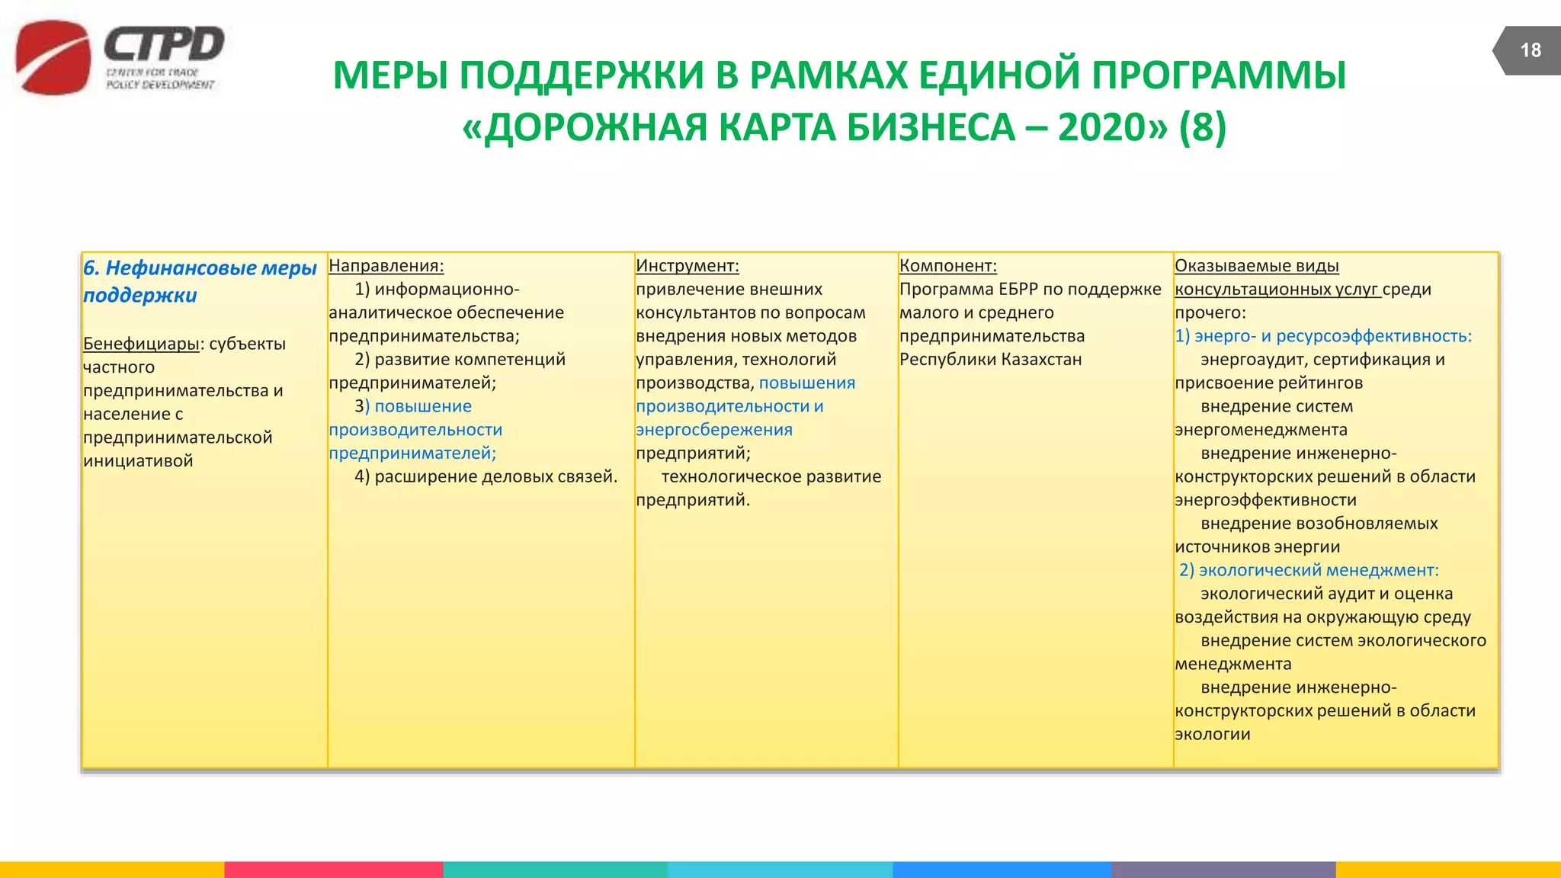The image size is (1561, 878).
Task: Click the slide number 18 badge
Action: coord(1530,50)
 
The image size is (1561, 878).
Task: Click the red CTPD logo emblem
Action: coord(53,58)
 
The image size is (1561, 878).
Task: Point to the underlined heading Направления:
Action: coord(386,266)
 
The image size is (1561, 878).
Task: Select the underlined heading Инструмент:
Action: coord(687,266)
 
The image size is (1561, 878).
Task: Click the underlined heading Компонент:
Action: coord(947,266)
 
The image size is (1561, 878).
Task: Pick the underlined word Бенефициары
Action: coord(141,344)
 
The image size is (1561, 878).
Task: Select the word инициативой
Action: coord(138,461)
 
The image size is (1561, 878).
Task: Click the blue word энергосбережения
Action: coord(714,430)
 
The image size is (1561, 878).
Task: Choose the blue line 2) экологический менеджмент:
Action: coord(1309,570)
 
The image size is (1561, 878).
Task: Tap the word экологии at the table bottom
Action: coord(1212,735)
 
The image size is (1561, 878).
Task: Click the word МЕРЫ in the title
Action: coord(390,75)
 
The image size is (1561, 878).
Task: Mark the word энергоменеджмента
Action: coord(1261,430)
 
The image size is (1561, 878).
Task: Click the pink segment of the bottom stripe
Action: coord(333,870)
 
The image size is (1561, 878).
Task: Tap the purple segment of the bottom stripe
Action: coord(1223,870)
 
